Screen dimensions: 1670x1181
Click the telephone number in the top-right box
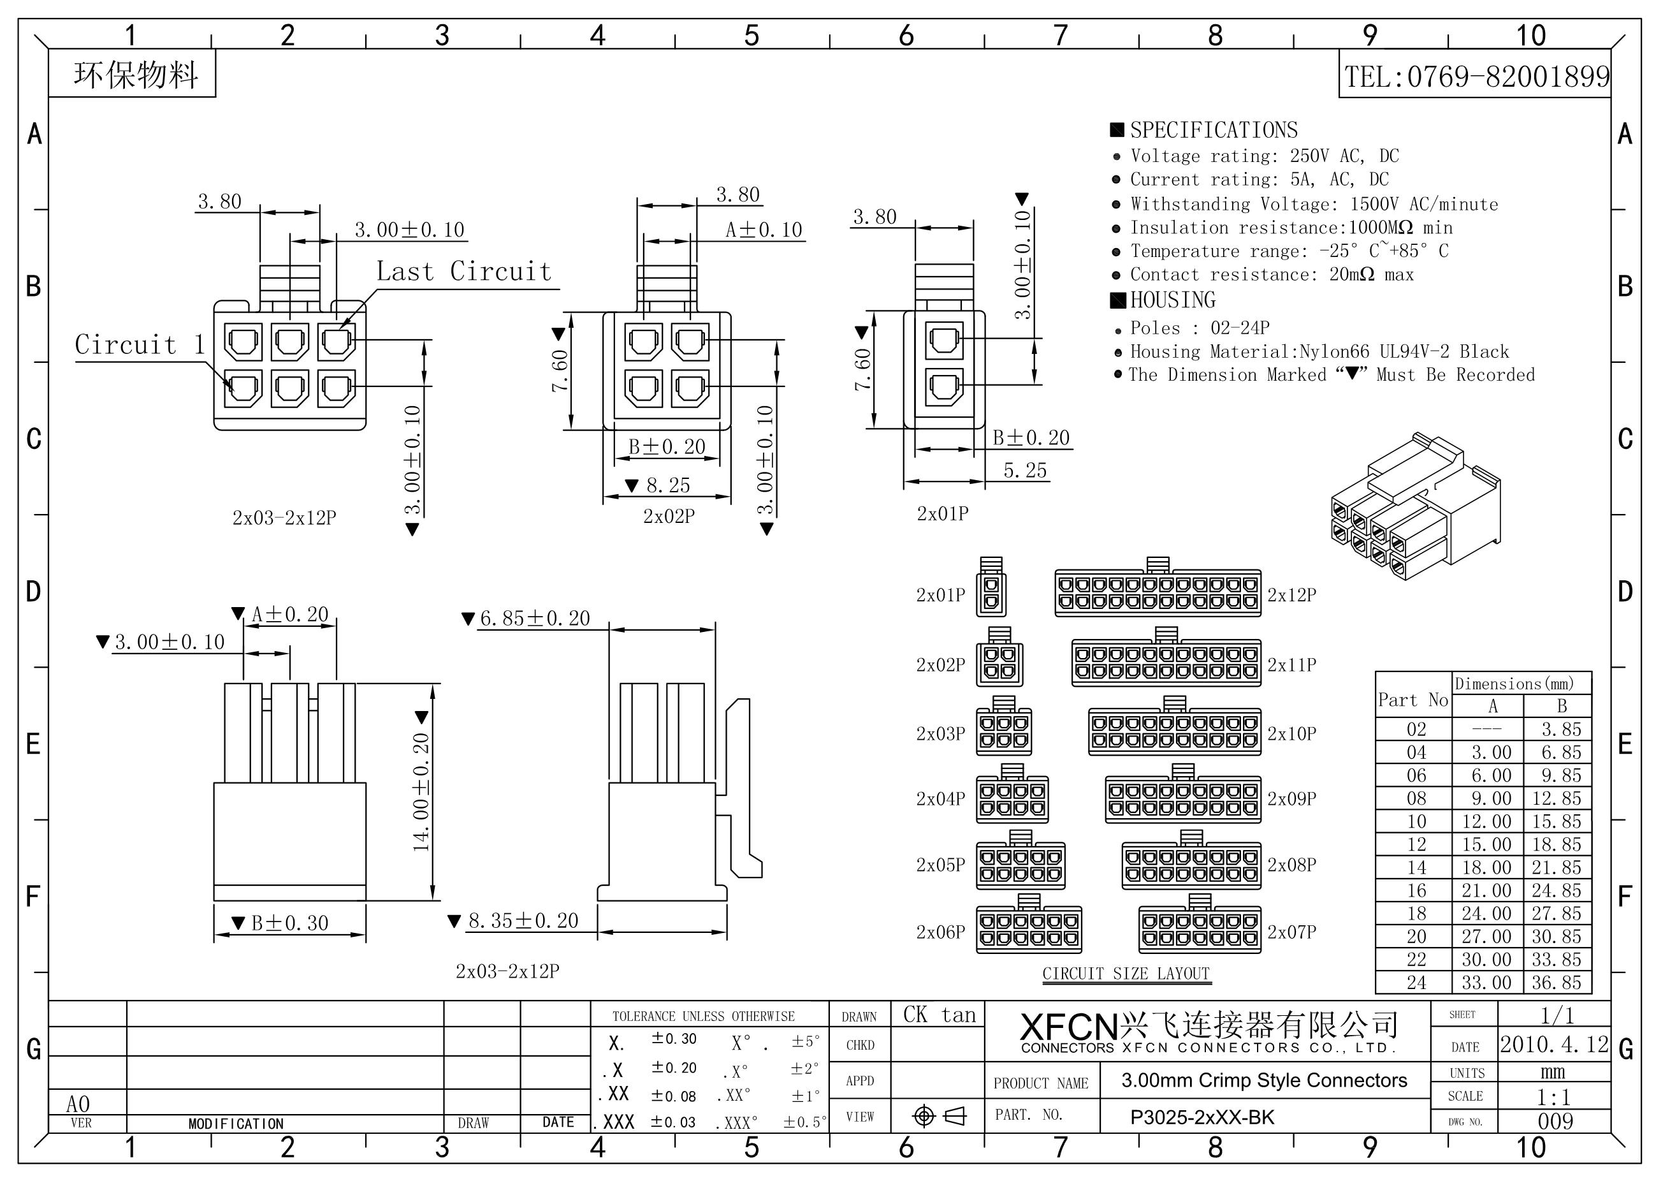click(x=1476, y=77)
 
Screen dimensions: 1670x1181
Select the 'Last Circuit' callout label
click(x=464, y=272)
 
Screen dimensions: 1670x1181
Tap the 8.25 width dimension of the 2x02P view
click(x=668, y=485)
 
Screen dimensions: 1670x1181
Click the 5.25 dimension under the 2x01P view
click(x=1025, y=471)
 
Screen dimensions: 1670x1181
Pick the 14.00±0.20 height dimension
click(x=421, y=792)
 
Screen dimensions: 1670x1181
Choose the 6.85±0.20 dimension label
click(x=535, y=619)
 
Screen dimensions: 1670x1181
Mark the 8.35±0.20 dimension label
click(x=523, y=921)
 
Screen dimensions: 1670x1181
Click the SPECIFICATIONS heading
click(x=1213, y=130)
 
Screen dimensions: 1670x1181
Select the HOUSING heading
click(x=1172, y=300)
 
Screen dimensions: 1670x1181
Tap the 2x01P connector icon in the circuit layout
click(x=991, y=587)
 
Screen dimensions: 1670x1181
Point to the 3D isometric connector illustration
click(x=1416, y=506)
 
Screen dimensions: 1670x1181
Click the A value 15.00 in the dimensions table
click(x=1486, y=845)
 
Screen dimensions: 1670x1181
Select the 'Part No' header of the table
click(x=1413, y=700)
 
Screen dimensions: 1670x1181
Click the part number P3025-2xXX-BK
click(x=1202, y=1117)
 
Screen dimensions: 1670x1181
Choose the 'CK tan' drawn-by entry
click(x=939, y=1015)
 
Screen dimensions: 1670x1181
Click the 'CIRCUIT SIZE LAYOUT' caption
click(x=1126, y=974)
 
